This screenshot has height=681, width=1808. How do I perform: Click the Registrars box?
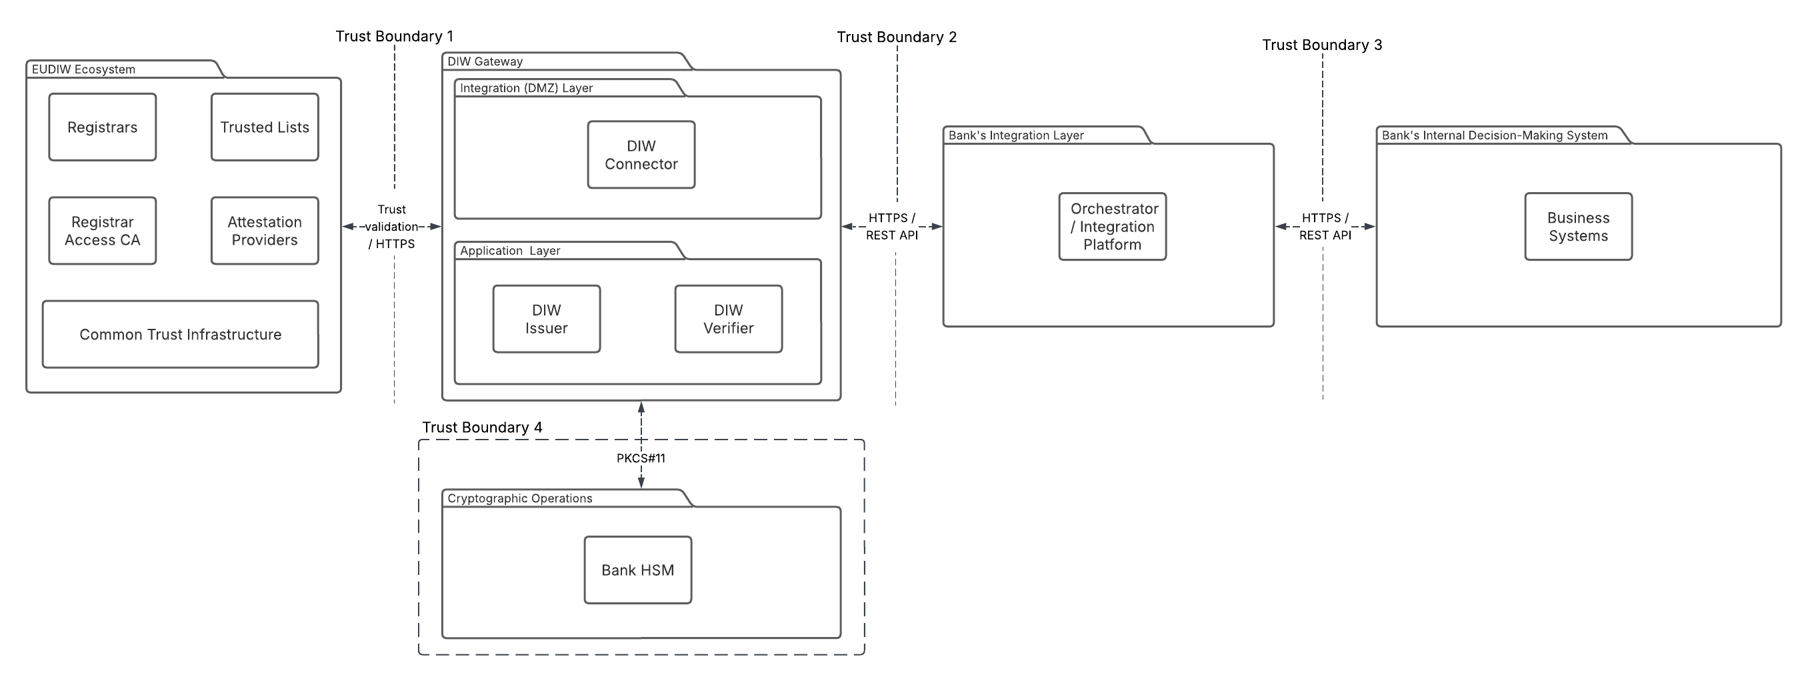click(103, 127)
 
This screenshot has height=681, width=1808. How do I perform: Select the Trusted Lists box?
click(265, 127)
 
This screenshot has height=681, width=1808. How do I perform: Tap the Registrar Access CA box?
click(103, 230)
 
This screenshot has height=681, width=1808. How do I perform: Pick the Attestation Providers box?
click(265, 230)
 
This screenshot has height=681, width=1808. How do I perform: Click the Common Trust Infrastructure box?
click(181, 334)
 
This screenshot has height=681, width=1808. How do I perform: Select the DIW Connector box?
click(641, 155)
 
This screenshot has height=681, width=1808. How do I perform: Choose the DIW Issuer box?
click(547, 319)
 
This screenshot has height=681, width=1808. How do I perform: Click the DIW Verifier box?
click(729, 319)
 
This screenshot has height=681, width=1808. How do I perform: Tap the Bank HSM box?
click(638, 570)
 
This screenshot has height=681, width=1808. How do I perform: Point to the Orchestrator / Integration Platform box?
click(1113, 227)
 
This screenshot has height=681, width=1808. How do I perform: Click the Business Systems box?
click(1579, 227)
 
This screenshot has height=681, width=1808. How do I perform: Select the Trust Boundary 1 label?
click(395, 37)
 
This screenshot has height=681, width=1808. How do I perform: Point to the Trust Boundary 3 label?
click(1322, 45)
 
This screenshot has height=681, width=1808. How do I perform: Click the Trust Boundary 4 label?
click(482, 428)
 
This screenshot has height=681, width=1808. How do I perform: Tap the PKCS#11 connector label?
click(641, 458)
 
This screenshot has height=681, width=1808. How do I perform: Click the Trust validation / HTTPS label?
click(391, 227)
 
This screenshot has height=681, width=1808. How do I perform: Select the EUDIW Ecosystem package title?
click(83, 69)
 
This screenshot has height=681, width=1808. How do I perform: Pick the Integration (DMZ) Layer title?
click(527, 88)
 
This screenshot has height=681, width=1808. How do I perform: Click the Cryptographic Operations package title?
click(520, 498)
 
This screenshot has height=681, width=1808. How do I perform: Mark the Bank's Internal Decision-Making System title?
click(1494, 135)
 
